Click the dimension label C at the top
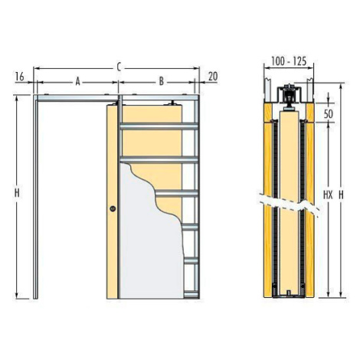click(119, 67)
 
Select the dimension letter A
click(78, 82)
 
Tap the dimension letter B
click(162, 82)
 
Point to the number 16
click(20, 77)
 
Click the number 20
click(213, 77)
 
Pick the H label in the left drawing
click(17, 193)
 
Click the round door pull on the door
click(113, 208)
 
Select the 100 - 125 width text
click(289, 61)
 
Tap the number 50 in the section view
click(329, 114)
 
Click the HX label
click(328, 195)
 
